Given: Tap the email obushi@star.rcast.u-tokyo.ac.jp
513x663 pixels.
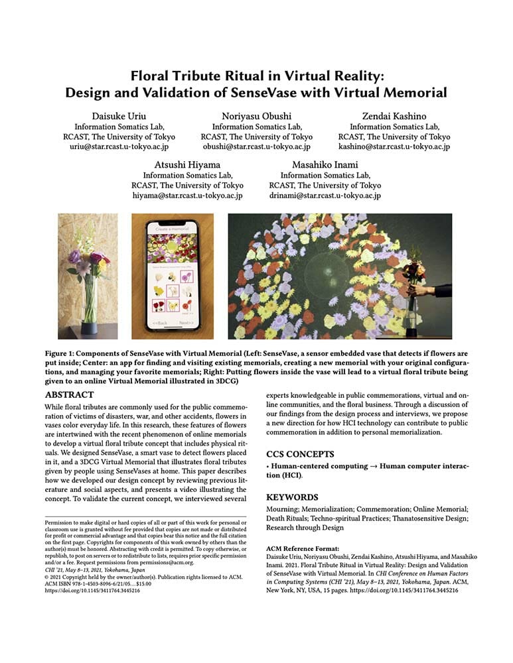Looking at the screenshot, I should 256,147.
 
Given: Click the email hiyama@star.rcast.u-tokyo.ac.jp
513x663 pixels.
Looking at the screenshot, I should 187,196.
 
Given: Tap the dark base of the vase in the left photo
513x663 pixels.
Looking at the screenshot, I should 88,328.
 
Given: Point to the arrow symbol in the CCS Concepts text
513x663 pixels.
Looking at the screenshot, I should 358,467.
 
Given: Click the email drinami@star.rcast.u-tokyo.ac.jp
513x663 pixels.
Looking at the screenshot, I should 325,196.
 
